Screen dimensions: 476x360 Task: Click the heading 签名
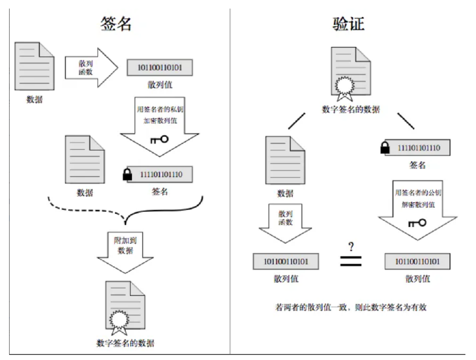[x=116, y=23]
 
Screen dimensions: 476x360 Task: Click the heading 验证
[x=348, y=23]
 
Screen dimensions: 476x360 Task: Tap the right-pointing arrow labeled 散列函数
[x=91, y=68]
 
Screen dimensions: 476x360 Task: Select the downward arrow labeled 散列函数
[x=285, y=223]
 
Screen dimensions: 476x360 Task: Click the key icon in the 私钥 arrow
[x=159, y=139]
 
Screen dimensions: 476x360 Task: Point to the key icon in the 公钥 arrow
[x=418, y=223]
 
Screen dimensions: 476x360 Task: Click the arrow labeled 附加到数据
[x=125, y=253]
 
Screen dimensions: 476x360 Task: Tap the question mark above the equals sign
[x=351, y=247]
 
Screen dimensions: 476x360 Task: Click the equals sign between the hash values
[x=351, y=261]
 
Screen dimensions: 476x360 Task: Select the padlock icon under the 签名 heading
[x=128, y=174]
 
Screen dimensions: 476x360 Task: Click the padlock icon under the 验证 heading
[x=385, y=148]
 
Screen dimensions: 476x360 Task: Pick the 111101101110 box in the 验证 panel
[x=418, y=148]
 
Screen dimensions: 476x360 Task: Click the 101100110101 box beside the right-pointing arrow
[x=160, y=68]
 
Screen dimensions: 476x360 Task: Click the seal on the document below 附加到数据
[x=118, y=322]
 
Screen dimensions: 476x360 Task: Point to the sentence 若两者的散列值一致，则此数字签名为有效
[x=351, y=307]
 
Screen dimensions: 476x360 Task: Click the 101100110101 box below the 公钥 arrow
[x=418, y=261]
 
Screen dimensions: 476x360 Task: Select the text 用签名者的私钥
[x=160, y=109]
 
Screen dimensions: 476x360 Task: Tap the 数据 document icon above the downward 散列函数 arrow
[x=285, y=160]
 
